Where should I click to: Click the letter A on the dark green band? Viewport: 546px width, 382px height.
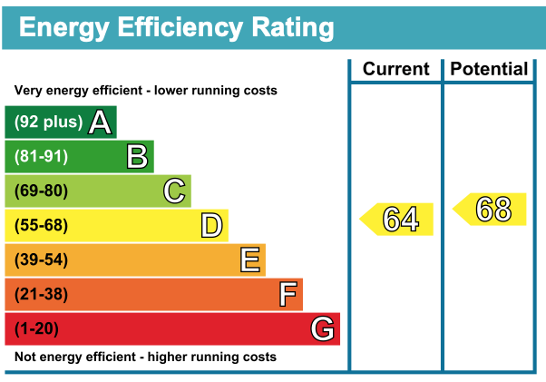100,122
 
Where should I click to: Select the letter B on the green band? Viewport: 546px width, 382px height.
137,156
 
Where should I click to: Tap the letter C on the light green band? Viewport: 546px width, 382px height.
174,191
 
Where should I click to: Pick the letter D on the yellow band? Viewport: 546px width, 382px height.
211,225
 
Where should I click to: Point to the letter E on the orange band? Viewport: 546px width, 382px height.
250,260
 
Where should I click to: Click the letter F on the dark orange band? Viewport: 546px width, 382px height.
288,294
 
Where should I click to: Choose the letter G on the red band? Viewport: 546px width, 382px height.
323,328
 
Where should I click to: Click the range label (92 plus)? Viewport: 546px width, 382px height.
48,122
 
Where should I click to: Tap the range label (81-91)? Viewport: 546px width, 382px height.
41,156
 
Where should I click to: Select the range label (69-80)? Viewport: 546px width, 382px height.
41,191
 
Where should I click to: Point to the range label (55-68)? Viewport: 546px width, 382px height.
41,225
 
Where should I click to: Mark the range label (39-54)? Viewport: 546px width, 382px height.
41,260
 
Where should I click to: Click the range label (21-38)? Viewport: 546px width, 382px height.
41,294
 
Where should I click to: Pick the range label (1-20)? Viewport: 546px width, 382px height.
37,328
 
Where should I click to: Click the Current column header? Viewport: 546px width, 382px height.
395,69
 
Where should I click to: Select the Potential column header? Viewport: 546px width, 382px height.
489,69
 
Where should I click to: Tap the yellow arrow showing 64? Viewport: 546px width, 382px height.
397,219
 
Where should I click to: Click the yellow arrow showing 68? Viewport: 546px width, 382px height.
491,210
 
